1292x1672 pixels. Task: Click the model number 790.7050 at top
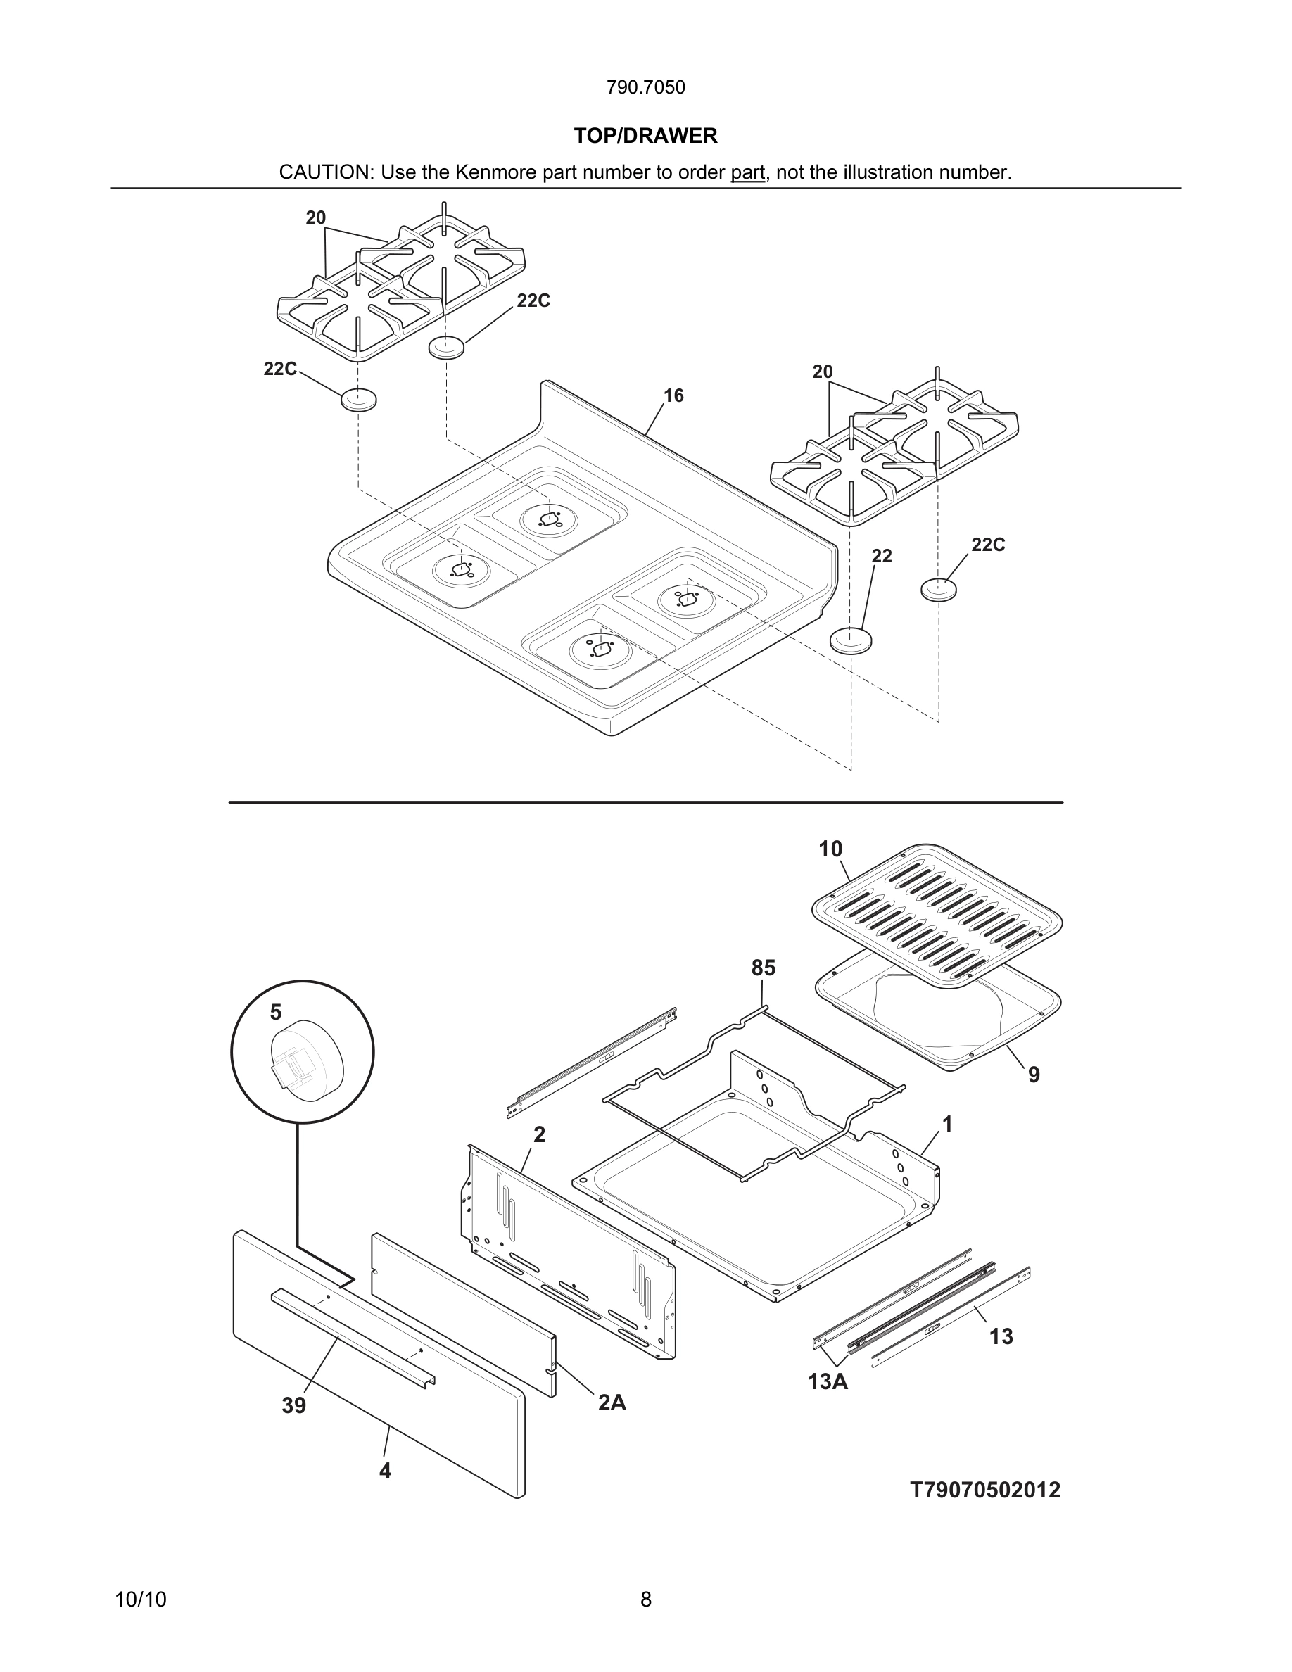point(645,87)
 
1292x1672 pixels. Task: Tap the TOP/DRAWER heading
point(645,136)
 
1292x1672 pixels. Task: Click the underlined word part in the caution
point(747,172)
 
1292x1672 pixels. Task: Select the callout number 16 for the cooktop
point(673,395)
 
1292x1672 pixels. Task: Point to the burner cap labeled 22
point(850,639)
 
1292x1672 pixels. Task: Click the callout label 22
point(881,556)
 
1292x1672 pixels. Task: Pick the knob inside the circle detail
point(305,1060)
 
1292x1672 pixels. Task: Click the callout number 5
point(276,1012)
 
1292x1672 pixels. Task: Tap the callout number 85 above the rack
point(763,968)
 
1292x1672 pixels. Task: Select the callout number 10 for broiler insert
point(830,849)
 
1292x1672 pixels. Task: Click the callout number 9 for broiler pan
point(1033,1075)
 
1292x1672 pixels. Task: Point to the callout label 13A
point(828,1382)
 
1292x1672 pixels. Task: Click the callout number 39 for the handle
point(294,1405)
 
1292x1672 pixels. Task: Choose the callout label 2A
point(612,1402)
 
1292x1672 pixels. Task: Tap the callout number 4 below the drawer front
point(385,1471)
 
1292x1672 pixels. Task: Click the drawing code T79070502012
point(984,1490)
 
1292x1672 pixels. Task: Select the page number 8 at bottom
point(645,1600)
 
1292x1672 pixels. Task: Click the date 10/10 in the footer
point(140,1600)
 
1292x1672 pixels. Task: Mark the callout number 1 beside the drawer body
point(946,1125)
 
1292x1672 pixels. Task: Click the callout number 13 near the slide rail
point(1001,1336)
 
